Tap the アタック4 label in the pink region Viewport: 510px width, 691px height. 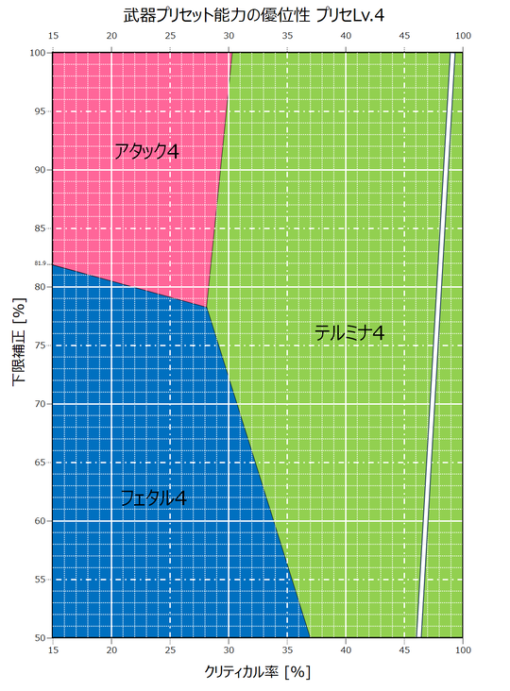coord(146,152)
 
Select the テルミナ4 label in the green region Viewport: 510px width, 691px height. coord(349,332)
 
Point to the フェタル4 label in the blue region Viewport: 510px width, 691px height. coord(153,498)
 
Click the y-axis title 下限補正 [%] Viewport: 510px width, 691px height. coord(19,342)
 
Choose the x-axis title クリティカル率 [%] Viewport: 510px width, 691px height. coord(258,672)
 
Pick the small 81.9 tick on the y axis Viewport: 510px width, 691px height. coord(40,263)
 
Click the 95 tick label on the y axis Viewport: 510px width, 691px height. coord(40,111)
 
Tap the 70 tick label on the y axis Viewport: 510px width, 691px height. coord(40,404)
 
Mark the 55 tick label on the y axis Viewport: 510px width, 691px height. coord(40,579)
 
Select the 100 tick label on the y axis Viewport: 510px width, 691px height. coord(38,53)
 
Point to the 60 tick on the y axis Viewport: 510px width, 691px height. coord(40,521)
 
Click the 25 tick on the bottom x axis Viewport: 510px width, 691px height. coord(170,650)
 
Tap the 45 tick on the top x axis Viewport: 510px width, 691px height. coord(404,36)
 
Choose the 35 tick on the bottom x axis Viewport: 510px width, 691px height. coord(287,650)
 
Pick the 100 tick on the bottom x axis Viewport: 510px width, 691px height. coord(463,650)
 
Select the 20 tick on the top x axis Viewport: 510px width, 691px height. coord(111,36)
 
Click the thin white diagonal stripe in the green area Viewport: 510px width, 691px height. coord(435,345)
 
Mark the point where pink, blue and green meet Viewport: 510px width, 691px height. coord(206,307)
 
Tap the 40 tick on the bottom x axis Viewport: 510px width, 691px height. coord(346,650)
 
